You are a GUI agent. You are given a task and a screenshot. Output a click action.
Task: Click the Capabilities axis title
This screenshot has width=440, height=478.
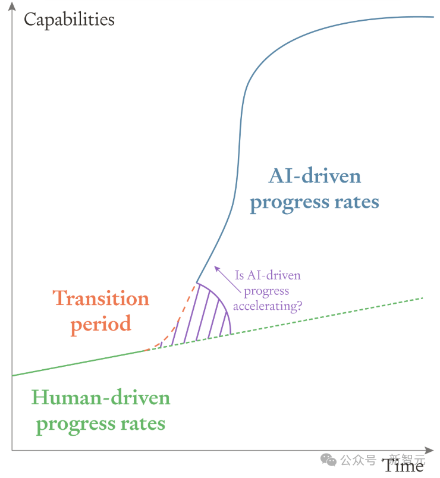tap(69, 20)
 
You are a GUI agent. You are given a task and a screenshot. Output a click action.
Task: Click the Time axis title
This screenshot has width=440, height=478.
tap(403, 466)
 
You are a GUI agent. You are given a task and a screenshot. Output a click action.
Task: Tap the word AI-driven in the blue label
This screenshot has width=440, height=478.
tap(315, 176)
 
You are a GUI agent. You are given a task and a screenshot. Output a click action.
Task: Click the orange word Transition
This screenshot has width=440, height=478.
tap(101, 298)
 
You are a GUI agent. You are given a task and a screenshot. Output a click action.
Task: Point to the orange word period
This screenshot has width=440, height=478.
tap(101, 324)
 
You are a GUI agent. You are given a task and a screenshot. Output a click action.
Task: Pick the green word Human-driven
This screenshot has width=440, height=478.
tap(101, 398)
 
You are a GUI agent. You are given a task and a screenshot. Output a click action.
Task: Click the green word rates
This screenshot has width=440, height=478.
tap(143, 424)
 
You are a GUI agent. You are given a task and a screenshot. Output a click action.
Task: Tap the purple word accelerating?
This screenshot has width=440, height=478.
tap(268, 306)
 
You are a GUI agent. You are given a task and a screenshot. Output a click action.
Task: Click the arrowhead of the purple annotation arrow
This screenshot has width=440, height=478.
tap(217, 269)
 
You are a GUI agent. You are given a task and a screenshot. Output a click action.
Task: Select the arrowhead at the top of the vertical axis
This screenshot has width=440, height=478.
tap(12, 5)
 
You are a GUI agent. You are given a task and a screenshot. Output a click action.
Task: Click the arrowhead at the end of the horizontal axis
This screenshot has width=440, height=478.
tap(429, 450)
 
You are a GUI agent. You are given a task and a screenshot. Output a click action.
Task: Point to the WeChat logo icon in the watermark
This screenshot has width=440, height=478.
tap(328, 460)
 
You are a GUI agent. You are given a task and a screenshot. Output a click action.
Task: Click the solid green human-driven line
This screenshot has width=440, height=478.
tap(79, 363)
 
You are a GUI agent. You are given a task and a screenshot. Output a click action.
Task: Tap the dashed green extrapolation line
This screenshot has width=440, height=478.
tap(284, 325)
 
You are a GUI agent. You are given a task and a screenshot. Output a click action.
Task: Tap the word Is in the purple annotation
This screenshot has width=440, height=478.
tap(240, 275)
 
